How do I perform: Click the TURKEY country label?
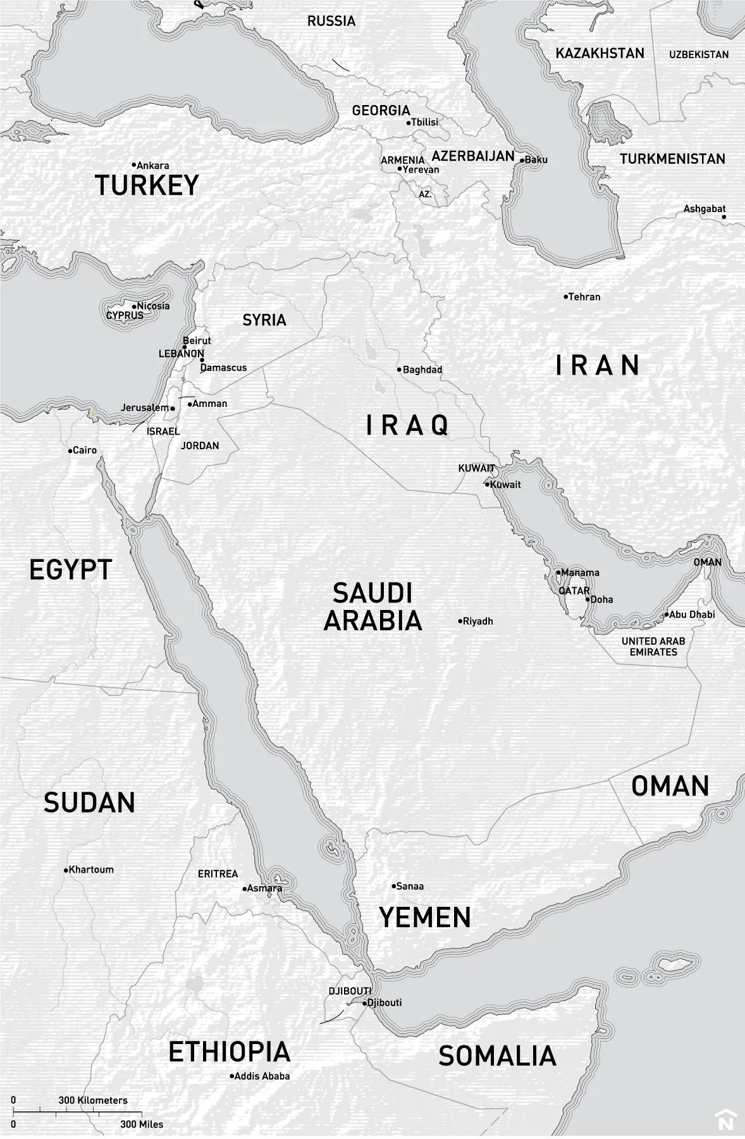[147, 185]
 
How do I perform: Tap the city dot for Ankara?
[134, 165]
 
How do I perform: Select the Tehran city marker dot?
[566, 296]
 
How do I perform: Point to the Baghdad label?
[422, 370]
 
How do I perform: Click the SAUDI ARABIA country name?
[372, 607]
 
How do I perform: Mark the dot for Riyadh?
[460, 621]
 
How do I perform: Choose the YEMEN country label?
[425, 917]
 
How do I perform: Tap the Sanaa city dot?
[393, 886]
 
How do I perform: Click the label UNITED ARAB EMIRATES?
[653, 646]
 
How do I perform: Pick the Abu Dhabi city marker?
[665, 614]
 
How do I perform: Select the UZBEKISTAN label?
[699, 55]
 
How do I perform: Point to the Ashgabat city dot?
[724, 217]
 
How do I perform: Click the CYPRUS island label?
[125, 315]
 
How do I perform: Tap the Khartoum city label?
[91, 869]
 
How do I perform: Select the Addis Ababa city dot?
[232, 1076]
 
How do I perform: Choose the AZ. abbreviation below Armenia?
[426, 194]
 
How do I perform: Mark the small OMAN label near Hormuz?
[707, 562]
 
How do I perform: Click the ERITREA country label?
[218, 874]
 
